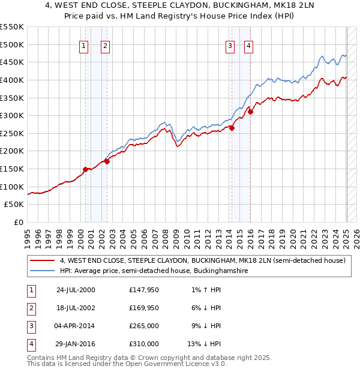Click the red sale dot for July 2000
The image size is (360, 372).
click(86, 169)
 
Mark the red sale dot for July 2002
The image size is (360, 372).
click(107, 161)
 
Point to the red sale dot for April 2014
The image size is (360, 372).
click(232, 127)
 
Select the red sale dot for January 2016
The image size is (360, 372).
click(251, 112)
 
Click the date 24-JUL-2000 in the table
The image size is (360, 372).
click(76, 290)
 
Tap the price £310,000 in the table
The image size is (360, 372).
click(144, 344)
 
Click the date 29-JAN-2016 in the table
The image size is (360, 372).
click(76, 344)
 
